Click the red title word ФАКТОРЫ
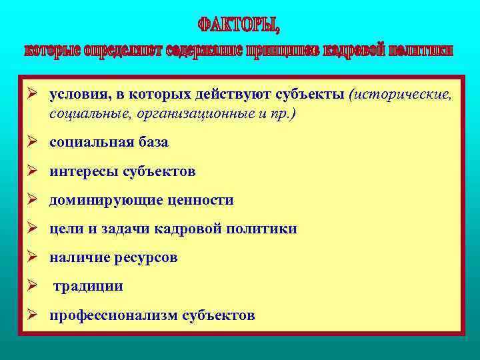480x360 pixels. click(x=238, y=25)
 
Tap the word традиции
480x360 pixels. click(x=88, y=286)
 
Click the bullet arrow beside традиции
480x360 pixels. click(x=32, y=285)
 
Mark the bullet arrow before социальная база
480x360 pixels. click(x=32, y=141)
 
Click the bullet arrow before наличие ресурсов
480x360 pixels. click(x=32, y=257)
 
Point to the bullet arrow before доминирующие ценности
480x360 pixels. click(x=32, y=199)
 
